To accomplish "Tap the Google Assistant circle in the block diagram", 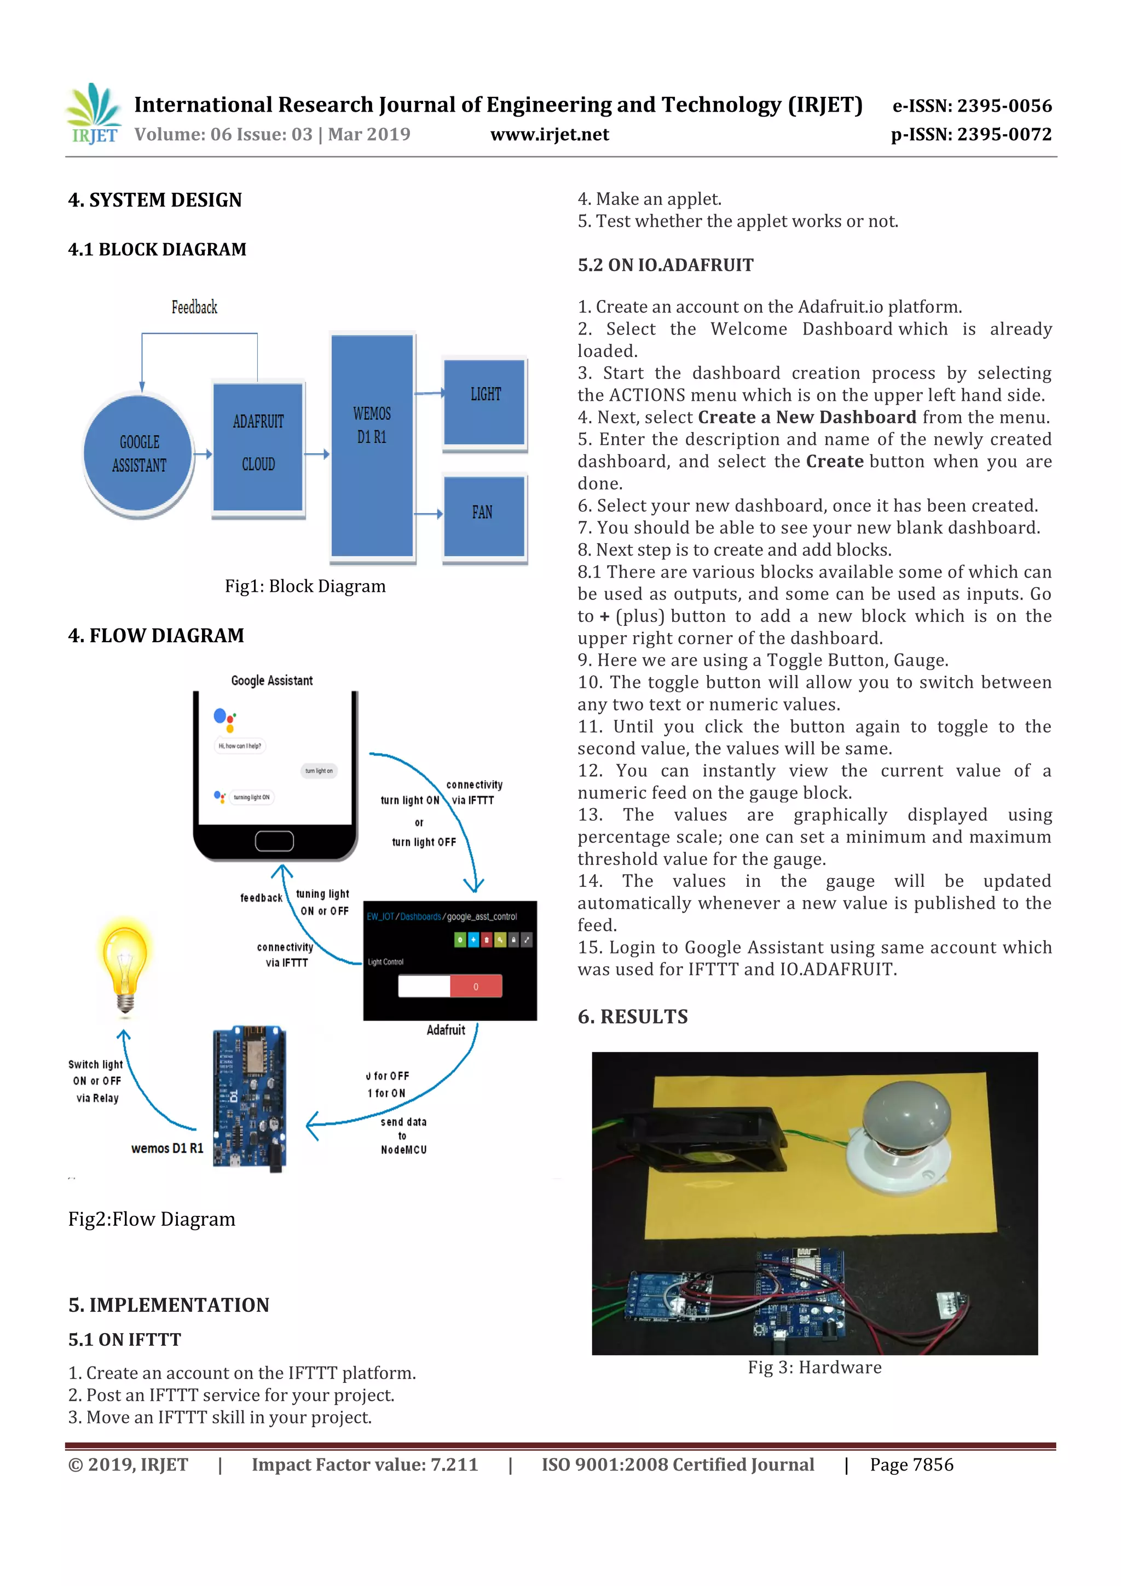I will [x=139, y=453].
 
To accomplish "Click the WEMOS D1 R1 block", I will [x=372, y=446].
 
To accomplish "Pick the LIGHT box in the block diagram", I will [x=485, y=402].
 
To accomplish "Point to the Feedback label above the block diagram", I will [x=194, y=307].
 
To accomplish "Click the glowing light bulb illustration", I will [x=125, y=966].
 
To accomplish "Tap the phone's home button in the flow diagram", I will [x=274, y=841].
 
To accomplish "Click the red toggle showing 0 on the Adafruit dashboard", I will [x=475, y=987].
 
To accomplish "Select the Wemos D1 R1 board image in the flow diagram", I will [x=250, y=1098].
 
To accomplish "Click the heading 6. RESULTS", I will [x=633, y=1017].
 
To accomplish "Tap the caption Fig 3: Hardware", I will [x=814, y=1368].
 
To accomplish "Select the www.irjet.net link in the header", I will [x=549, y=135].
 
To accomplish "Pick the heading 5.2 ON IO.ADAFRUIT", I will [x=665, y=266].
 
